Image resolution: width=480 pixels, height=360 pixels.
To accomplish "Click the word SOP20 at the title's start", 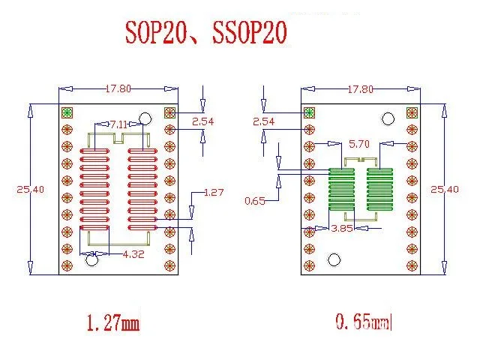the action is (x=157, y=33).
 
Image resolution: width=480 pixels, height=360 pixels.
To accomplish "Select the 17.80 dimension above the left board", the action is (x=118, y=88).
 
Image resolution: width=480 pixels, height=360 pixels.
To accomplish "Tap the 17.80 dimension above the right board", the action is (x=360, y=89).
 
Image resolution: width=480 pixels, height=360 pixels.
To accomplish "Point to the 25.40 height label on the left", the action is (x=30, y=190).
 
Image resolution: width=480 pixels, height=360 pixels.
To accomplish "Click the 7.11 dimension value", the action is (x=118, y=123).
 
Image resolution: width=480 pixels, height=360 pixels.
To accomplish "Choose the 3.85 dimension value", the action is (x=343, y=228).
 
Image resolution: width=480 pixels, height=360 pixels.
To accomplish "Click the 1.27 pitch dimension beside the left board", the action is (x=214, y=193).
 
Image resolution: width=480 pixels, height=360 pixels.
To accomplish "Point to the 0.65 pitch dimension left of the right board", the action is (x=255, y=201).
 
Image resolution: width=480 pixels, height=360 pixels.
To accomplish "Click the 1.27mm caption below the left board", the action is (x=113, y=324).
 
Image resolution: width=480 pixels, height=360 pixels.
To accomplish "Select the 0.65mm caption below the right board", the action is (x=364, y=323).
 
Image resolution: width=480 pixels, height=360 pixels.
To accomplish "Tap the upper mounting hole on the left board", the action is (x=145, y=118).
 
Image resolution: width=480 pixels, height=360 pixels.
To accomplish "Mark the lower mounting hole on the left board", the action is (x=92, y=260).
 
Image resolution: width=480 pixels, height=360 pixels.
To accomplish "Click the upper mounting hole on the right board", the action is (x=388, y=118).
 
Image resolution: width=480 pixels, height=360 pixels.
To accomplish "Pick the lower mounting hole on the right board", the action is (x=334, y=260).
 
